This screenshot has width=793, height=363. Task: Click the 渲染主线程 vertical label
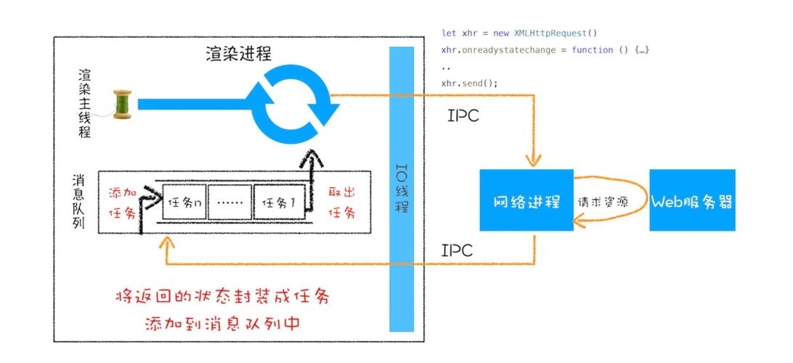85,104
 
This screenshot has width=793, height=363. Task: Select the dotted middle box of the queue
229,203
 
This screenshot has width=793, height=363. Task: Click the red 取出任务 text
341,203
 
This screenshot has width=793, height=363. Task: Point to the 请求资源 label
602,203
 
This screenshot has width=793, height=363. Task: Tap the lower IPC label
457,250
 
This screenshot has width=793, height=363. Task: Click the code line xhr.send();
470,83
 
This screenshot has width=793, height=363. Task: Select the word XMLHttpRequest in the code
556,33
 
